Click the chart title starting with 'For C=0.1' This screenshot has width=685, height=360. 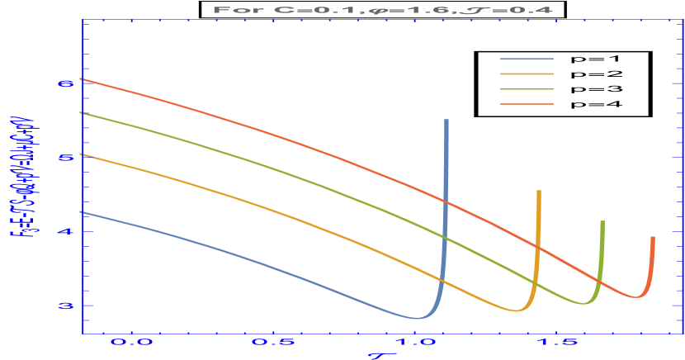[x=383, y=10]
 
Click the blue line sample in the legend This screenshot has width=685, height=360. [x=527, y=59]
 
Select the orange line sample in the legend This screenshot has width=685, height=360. [x=527, y=74]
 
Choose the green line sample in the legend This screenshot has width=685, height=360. [x=527, y=89]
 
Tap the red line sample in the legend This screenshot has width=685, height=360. [x=527, y=104]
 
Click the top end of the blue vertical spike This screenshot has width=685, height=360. [x=446, y=121]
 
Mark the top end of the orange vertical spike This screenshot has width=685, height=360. [x=539, y=192]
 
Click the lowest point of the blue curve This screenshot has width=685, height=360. [x=419, y=318]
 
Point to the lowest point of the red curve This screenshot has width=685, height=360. [x=637, y=296]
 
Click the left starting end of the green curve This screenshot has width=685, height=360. [x=80, y=113]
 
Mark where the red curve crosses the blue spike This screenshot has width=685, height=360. [x=446, y=201]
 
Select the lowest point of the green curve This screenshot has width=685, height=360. [x=584, y=304]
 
